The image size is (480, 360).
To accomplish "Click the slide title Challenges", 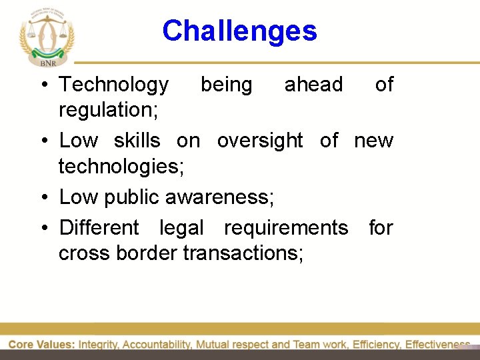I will tap(239, 31).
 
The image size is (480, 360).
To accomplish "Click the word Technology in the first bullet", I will tap(114, 85).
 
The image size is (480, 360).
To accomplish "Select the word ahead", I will tap(313, 85).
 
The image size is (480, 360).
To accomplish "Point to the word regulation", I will tap(108, 110).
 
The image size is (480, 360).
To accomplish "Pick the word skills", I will tap(137, 141).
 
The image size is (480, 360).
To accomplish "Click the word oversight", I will tap(260, 141).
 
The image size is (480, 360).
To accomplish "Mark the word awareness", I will tap(219, 197).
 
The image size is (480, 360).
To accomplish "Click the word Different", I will tap(99, 228).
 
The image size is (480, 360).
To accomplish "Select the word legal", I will tap(181, 228).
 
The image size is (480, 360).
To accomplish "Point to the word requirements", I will tap(286, 228).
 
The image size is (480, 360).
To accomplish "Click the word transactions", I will tap(243, 253).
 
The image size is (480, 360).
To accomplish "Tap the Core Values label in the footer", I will tap(41, 345).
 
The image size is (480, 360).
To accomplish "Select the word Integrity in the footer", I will tap(99, 345).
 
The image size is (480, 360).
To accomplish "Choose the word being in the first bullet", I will tap(227, 85).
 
